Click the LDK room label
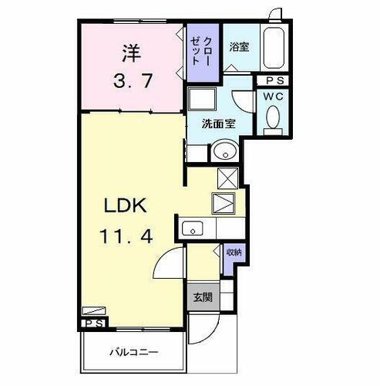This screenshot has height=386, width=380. click(x=121, y=207)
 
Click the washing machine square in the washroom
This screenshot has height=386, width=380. click(x=205, y=100)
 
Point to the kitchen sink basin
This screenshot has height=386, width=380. click(x=191, y=228)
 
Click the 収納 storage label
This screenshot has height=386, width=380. click(x=234, y=253)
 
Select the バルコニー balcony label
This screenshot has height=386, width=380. click(x=136, y=352)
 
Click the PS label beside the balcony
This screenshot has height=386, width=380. click(x=94, y=323)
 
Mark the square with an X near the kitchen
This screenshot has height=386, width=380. click(x=228, y=178)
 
